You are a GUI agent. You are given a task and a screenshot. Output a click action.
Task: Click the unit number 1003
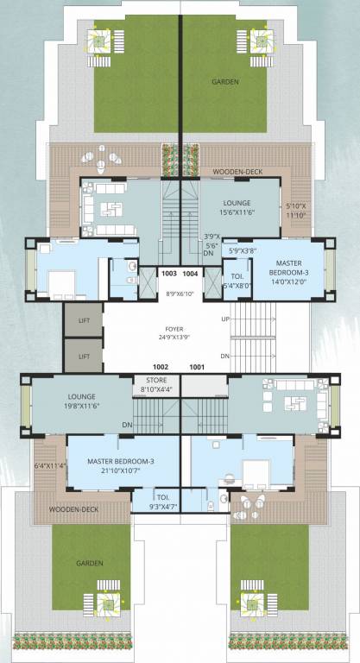coord(169,273)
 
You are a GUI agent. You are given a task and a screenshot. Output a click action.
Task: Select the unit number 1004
coord(191,273)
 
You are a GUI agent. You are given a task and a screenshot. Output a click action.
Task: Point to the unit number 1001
coord(198,366)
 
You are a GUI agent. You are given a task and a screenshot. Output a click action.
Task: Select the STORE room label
coord(156,381)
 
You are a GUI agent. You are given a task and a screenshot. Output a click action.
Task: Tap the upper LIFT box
coord(84,319)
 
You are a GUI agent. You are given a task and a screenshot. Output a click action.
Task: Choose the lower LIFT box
coord(84,355)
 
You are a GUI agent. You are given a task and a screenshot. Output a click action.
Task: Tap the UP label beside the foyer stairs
coord(225,319)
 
